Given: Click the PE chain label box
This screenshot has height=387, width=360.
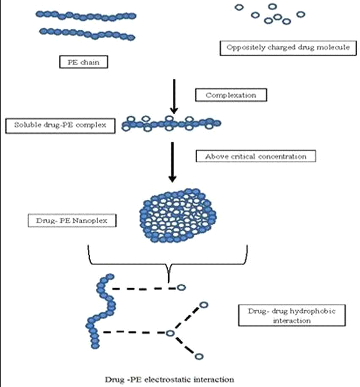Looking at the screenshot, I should pyautogui.click(x=83, y=63).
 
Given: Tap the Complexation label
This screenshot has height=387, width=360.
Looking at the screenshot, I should pyautogui.click(x=231, y=95).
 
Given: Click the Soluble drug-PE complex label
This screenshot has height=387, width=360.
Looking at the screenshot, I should pyautogui.click(x=61, y=125).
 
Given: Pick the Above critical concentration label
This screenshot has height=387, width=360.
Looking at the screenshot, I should pyautogui.click(x=256, y=156).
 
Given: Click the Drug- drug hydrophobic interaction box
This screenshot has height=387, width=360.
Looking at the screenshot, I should pyautogui.click(x=292, y=316).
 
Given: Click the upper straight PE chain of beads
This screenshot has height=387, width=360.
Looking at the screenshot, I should pyautogui.click(x=86, y=16).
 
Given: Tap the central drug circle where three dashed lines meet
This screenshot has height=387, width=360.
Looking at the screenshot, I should pyautogui.click(x=170, y=334).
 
